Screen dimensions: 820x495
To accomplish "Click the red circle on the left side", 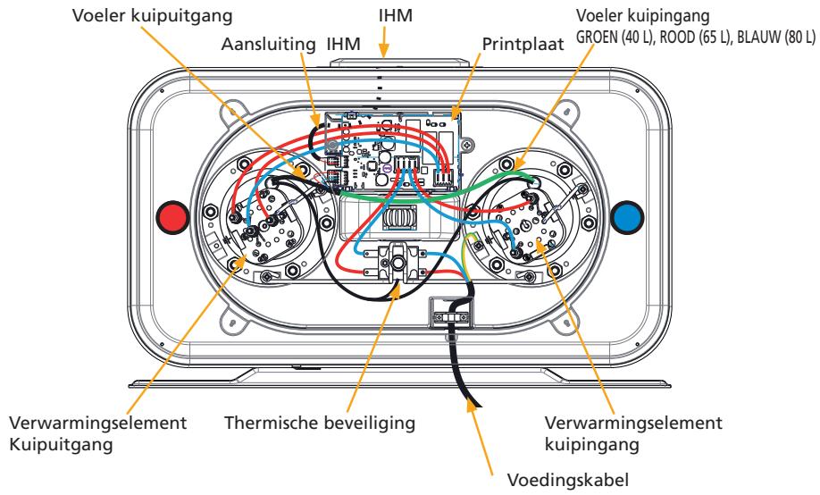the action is coord(173,217).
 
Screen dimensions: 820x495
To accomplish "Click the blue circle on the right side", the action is coord(628,217).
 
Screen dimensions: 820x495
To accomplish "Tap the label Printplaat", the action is coord(523,45).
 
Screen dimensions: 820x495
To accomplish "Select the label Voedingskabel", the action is coord(568,480).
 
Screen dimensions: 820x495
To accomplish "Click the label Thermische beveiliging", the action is coord(320,423).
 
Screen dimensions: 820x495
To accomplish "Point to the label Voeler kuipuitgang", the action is coord(152,16).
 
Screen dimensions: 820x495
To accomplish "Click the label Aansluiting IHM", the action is coord(291,45).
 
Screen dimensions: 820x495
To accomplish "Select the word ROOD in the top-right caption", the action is coord(677,38).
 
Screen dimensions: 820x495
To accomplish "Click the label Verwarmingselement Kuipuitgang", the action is coord(97,433).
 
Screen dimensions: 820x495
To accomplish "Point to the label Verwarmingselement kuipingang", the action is coord(633,433).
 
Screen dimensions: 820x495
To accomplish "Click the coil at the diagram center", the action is coord(398,216).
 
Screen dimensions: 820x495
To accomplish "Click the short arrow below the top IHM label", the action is coord(384,42).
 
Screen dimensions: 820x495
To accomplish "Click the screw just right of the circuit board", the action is coord(470,143).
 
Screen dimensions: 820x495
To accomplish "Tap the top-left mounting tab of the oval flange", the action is coord(229,113).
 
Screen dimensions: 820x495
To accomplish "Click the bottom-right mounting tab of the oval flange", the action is coord(566,320).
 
